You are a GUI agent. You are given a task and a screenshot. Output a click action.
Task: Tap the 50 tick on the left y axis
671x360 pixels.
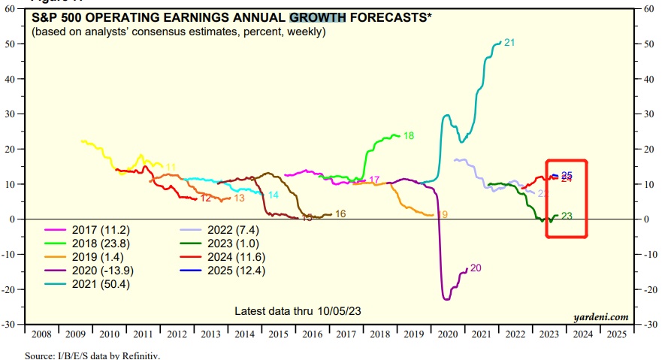12,44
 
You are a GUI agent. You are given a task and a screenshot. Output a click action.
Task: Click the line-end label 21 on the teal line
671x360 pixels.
509,43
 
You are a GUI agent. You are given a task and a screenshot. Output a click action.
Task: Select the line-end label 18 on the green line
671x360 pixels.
409,136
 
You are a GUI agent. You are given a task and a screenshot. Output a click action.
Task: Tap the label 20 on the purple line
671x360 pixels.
475,268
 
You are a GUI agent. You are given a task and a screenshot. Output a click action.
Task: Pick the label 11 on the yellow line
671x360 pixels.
171,167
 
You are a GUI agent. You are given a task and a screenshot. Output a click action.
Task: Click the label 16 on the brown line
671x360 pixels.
340,214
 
